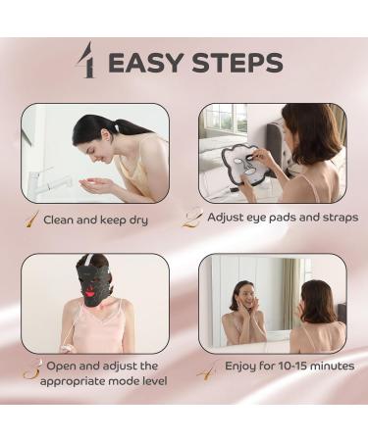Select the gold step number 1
(31, 218)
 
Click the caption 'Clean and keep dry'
(95, 220)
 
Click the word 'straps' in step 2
(337, 217)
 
